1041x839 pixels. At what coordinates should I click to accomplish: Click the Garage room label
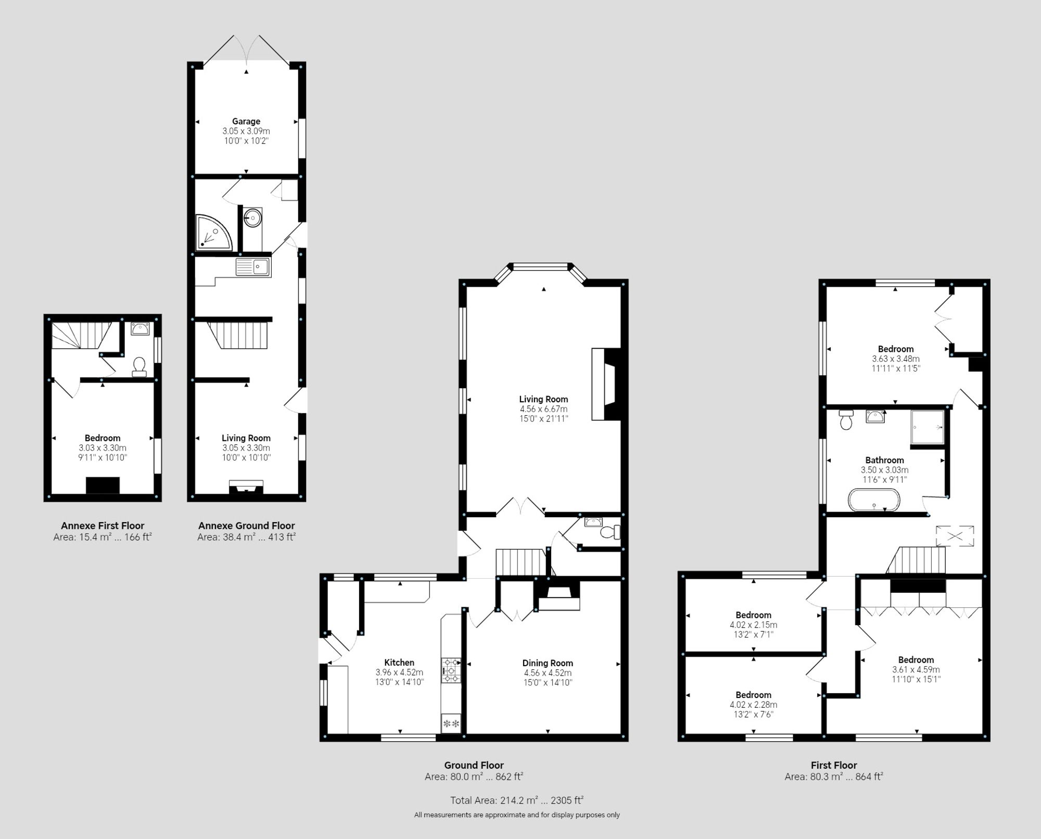(246, 121)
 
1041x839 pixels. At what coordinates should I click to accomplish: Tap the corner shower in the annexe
(212, 233)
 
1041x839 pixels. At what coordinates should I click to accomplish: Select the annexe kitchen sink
(253, 268)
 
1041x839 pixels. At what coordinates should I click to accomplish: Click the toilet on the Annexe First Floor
(139, 366)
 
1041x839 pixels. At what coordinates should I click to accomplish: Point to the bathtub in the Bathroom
(873, 500)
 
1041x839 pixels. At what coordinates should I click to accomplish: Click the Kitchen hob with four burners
(451, 670)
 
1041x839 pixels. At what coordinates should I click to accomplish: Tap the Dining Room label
(548, 663)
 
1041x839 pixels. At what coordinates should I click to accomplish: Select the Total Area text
(516, 800)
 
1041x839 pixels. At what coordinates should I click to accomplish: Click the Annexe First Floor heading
(103, 526)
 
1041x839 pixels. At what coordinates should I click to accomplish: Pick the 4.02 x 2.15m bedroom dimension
(753, 625)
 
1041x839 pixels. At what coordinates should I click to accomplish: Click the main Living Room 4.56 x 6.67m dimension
(543, 409)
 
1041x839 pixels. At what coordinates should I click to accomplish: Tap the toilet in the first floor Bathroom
(846, 419)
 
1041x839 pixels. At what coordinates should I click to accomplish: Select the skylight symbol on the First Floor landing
(955, 536)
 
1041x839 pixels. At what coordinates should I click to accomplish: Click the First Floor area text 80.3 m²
(834, 777)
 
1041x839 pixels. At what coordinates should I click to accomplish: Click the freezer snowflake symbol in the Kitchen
(451, 723)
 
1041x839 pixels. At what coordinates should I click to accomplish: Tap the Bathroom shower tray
(927, 427)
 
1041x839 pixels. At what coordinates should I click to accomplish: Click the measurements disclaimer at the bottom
(516, 815)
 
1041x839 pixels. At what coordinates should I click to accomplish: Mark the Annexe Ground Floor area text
(246, 537)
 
